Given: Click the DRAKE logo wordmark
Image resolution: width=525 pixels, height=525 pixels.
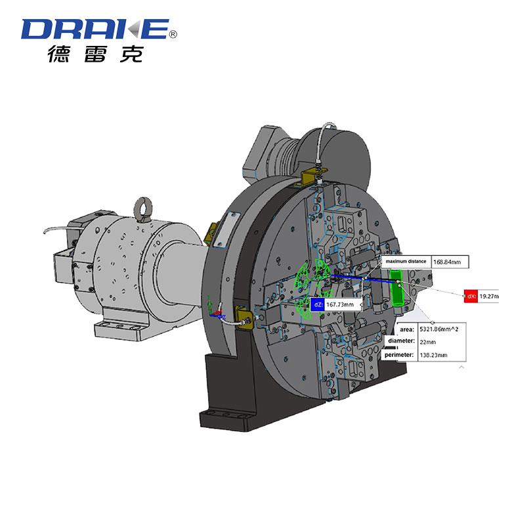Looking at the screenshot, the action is [x=95, y=29].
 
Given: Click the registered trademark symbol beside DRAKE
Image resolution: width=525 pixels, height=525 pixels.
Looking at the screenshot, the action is [x=173, y=34].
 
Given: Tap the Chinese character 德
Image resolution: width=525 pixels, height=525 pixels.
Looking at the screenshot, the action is [x=58, y=54].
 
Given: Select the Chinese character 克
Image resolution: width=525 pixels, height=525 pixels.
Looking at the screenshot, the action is [x=132, y=54].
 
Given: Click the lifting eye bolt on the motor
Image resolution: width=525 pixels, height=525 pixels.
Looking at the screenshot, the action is [x=142, y=209].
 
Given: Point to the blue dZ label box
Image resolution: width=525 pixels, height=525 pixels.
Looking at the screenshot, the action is [x=318, y=304].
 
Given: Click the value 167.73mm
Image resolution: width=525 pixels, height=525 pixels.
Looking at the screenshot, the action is [x=340, y=304].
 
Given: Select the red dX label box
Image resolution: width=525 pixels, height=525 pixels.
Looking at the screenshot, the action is [x=471, y=297].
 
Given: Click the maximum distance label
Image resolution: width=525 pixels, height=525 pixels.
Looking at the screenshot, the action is [x=406, y=261].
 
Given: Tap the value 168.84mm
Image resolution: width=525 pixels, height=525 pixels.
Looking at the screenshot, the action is [x=447, y=262].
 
